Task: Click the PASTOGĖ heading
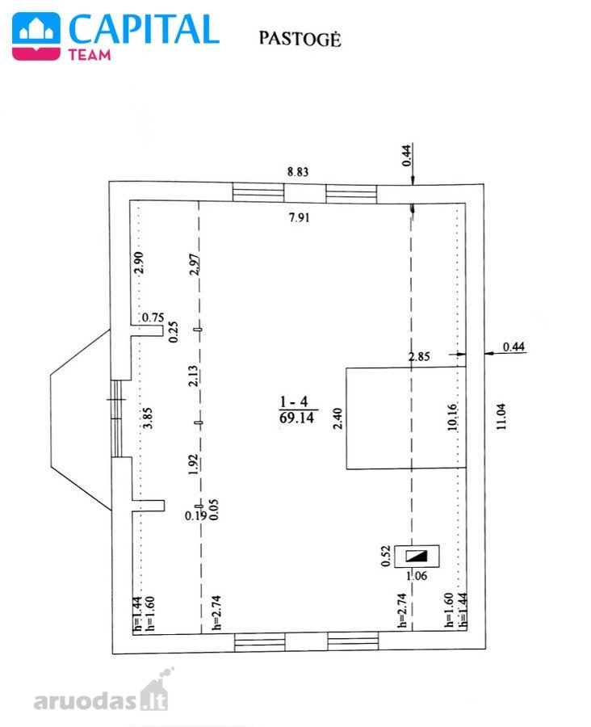point(300,39)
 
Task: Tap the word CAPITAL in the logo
point(144,29)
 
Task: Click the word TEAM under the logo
point(90,55)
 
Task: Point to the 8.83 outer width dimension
point(298,172)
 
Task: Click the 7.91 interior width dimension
point(299,217)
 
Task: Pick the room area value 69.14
point(296,418)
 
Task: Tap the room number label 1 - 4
point(294,401)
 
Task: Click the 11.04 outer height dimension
point(501,416)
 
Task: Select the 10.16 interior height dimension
point(453,418)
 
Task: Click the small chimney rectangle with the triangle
point(417,556)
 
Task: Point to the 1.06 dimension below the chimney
point(417,576)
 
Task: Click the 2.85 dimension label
point(419,356)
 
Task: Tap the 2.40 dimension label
point(337,418)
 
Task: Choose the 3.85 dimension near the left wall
point(148,418)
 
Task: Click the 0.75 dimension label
point(153,317)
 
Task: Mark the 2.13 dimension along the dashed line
point(193,376)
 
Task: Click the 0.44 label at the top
point(406,155)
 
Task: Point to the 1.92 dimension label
point(193,464)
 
